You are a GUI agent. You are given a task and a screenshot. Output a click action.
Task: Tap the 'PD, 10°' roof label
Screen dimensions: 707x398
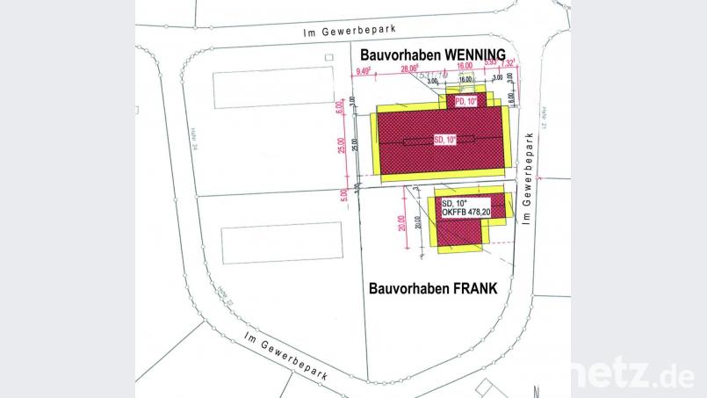coord(466,102)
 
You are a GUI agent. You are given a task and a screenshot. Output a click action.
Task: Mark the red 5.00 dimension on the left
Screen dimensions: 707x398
coord(344,194)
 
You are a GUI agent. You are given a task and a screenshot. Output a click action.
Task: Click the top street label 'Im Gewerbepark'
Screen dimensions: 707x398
coord(344,32)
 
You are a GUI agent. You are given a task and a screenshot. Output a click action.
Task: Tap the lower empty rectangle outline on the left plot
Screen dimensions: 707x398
coord(280,244)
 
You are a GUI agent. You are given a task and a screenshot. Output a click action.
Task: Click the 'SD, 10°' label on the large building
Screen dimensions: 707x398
coord(445,139)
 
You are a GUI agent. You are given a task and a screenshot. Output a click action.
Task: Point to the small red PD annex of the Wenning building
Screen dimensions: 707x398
coord(465,101)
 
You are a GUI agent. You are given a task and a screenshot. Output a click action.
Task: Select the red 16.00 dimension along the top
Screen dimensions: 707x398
coord(464,65)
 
